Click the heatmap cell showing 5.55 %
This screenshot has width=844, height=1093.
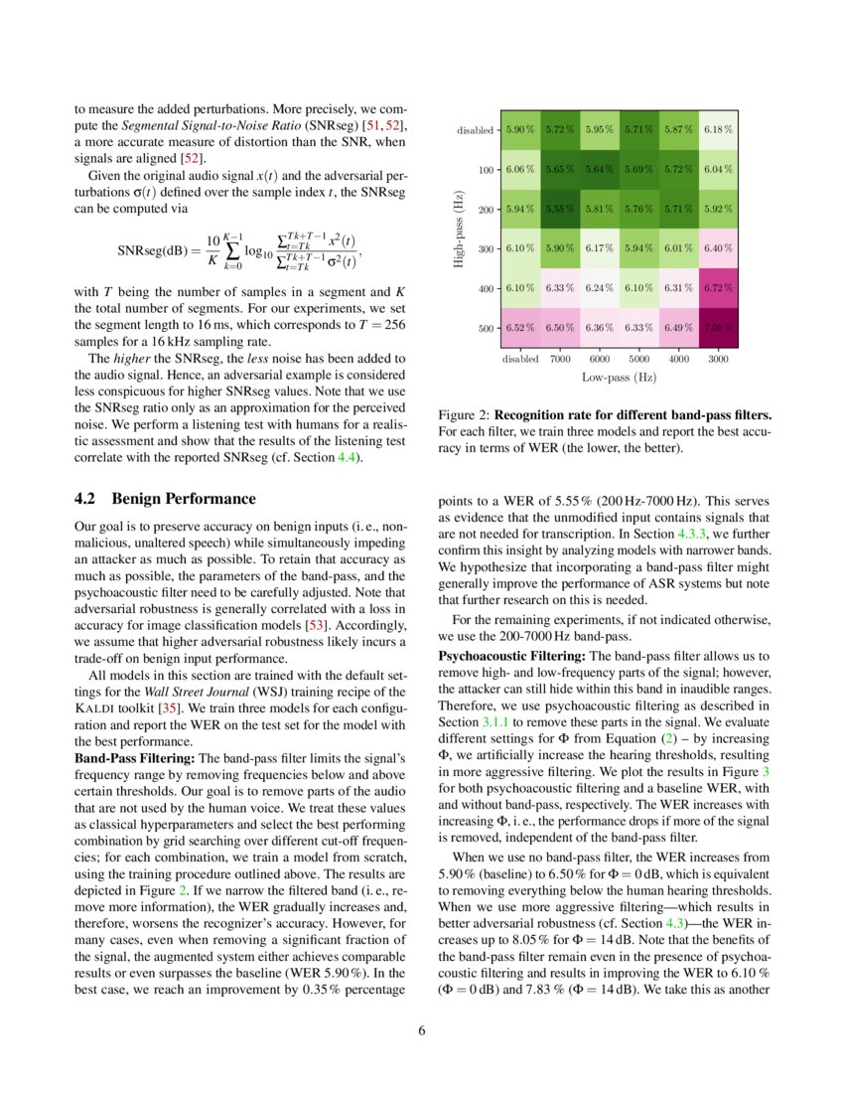tap(561, 210)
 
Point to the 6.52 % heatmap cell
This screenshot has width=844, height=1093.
tap(521, 328)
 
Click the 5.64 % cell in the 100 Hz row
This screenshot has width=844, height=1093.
tap(600, 170)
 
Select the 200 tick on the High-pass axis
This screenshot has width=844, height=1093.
tap(487, 210)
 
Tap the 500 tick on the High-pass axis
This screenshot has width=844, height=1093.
tap(487, 328)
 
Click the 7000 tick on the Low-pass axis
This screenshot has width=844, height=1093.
tap(561, 359)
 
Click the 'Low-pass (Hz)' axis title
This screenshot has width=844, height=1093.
tap(620, 378)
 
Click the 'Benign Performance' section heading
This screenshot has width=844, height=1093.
tap(184, 499)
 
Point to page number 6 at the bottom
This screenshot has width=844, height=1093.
tap(422, 1030)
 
